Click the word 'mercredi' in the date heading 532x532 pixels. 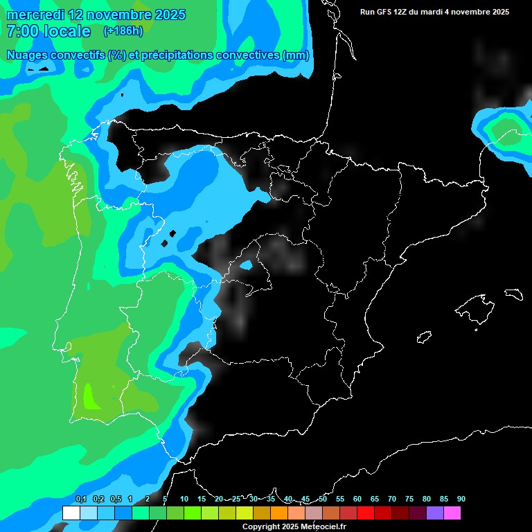35,15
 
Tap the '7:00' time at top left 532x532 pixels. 20,31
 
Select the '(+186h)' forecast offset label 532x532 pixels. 123,31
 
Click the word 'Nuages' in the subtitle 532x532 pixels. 28,55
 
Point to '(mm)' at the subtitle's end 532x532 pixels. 296,55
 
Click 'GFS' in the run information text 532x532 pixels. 384,12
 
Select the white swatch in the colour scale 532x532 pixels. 71,513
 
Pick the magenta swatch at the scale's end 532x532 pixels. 452,513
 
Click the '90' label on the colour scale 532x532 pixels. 461,499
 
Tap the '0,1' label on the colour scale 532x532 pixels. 81,499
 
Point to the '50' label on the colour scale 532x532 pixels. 323,499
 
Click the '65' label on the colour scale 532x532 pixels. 375,499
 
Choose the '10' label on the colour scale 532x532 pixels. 184,499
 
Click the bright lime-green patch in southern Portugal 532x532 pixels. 89,397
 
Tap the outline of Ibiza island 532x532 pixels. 424,337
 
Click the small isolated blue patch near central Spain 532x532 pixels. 246,265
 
